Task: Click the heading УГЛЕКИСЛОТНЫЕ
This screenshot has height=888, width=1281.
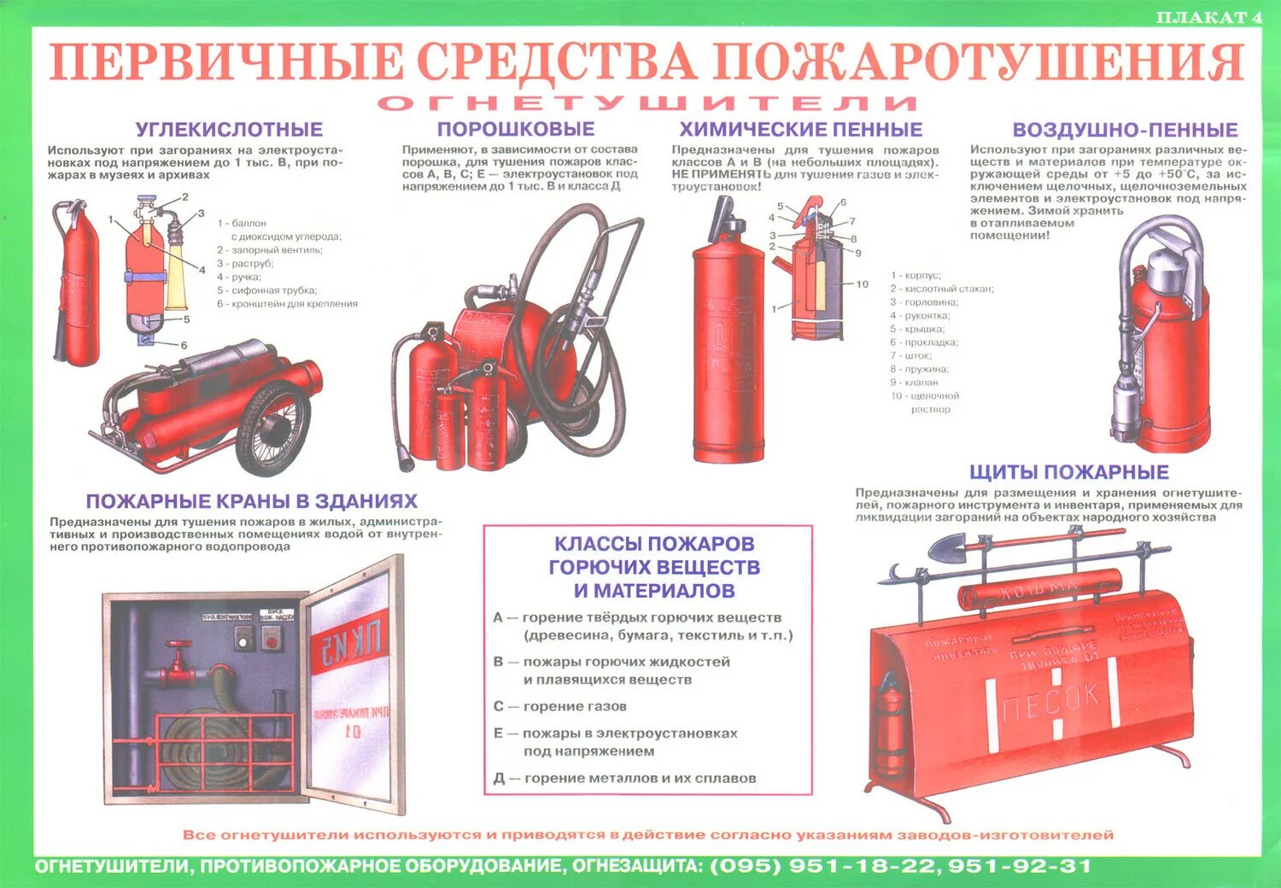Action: coord(229,130)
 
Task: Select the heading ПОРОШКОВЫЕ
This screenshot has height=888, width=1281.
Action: coord(516,129)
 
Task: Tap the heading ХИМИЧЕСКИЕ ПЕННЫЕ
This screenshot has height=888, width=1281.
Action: coord(800,130)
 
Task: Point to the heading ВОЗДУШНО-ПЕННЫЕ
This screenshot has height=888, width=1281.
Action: coord(1125,130)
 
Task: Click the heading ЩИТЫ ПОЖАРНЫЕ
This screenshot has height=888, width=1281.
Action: coord(1068,472)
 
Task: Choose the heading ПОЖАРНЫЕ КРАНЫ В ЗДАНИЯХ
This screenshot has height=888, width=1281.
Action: coord(251,501)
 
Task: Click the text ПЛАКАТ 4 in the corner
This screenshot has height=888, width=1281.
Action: coord(1208,17)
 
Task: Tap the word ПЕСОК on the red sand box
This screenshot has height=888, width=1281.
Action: coord(1051,703)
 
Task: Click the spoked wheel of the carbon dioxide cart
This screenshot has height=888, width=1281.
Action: coord(272,426)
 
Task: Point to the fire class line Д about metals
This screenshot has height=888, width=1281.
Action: coord(624,778)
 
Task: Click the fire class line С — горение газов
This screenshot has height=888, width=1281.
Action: coord(560,706)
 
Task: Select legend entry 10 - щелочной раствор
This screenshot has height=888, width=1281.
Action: coord(925,402)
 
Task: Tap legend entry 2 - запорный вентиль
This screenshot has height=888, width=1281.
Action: coord(269,250)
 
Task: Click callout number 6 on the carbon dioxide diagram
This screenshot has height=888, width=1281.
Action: coord(184,346)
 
